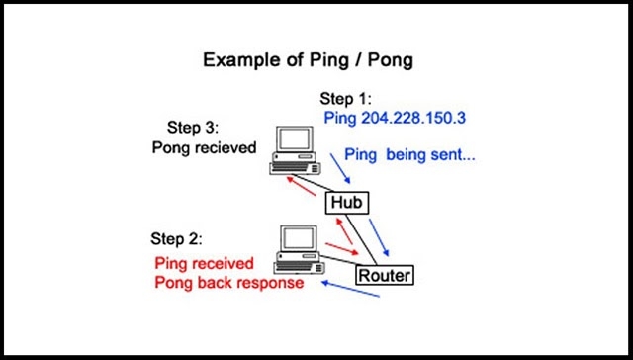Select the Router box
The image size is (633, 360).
[383, 274]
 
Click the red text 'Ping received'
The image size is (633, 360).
[205, 263]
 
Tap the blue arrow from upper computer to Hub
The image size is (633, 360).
[335, 169]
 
